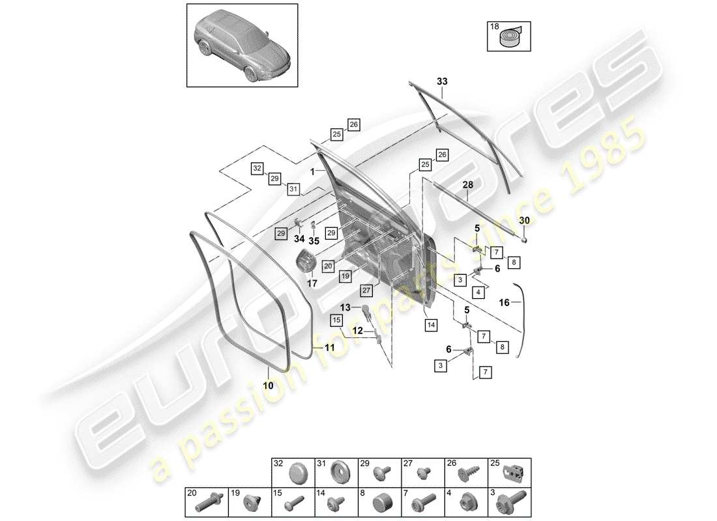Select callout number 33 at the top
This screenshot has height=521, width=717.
click(x=442, y=82)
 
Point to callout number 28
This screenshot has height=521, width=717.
click(x=468, y=185)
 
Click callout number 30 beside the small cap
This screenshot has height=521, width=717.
click(x=524, y=221)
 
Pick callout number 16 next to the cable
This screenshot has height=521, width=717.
click(x=504, y=302)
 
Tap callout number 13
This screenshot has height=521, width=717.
click(x=345, y=307)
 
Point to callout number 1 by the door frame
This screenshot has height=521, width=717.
click(x=313, y=172)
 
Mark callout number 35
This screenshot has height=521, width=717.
click(x=314, y=240)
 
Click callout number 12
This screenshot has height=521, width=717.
click(x=358, y=331)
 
